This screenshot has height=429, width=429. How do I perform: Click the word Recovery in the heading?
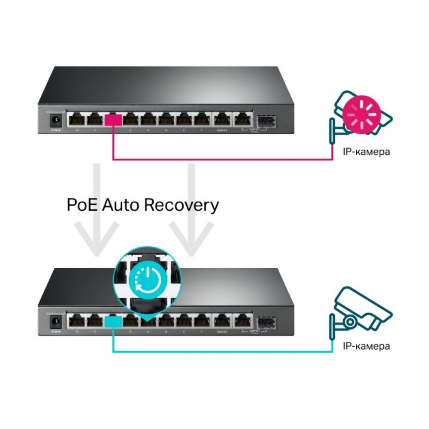(181, 205)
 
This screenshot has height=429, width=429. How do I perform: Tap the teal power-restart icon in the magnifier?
(145, 279)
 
